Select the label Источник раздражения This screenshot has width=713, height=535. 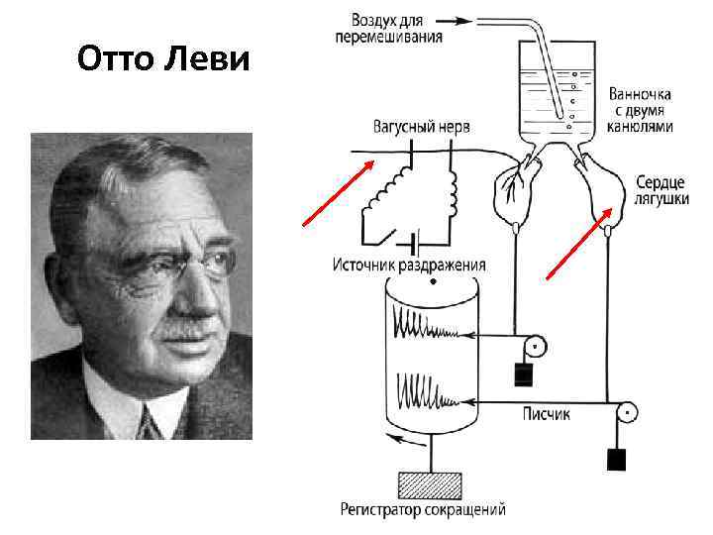pyautogui.click(x=409, y=265)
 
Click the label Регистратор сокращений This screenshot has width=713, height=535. pyautogui.click(x=423, y=511)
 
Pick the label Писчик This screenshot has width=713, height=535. pyautogui.click(x=546, y=415)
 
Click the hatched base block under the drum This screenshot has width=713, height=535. pyautogui.click(x=429, y=484)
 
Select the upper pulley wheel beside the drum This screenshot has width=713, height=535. pyautogui.click(x=535, y=348)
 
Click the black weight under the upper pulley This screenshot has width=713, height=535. pyautogui.click(x=523, y=375)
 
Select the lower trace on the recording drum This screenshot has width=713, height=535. pyautogui.click(x=428, y=390)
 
